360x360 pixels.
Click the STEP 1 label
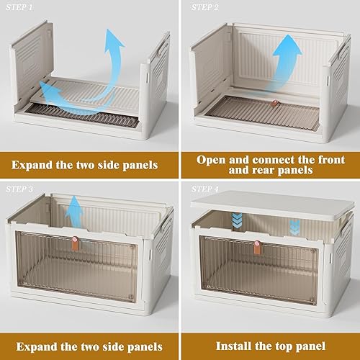22,6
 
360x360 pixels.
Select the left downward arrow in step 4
235,220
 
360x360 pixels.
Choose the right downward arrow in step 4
294,225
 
